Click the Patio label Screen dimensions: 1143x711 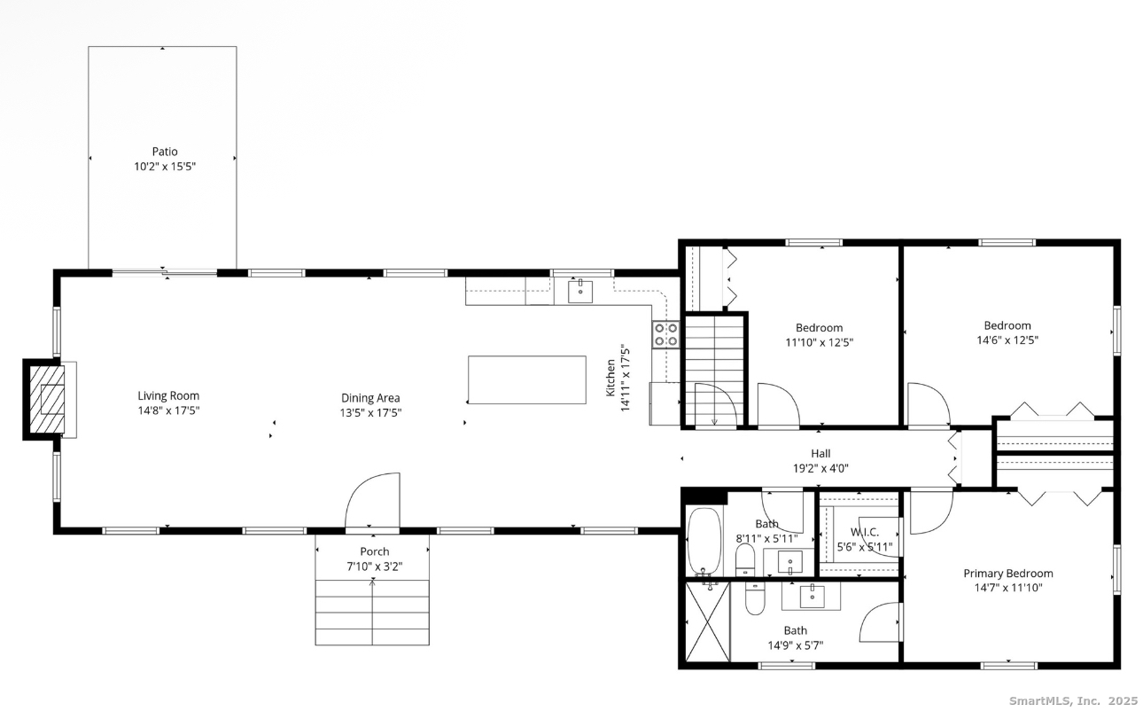point(165,152)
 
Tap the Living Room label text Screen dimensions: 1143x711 point(168,395)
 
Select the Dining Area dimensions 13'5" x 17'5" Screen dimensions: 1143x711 point(371,412)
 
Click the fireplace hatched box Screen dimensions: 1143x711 point(47,399)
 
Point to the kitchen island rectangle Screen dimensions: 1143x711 point(527,379)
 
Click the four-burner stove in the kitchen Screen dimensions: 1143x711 point(666,335)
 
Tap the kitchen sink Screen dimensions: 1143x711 point(580,292)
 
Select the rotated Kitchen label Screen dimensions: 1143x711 point(610,378)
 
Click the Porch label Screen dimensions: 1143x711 point(375,551)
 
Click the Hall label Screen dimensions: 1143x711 point(820,453)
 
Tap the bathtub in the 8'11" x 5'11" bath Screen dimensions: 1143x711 point(704,541)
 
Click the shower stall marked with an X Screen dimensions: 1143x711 point(708,622)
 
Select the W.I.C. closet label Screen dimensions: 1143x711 point(865,532)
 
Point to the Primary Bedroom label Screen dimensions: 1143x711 point(1008,574)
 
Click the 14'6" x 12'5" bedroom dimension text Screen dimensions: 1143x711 point(1007,340)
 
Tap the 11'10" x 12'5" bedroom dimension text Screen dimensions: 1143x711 point(820,342)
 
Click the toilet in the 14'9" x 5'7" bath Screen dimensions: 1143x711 point(755,598)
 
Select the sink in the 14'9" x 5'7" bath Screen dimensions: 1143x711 point(812,597)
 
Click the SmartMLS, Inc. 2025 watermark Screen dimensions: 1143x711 point(1074,701)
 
